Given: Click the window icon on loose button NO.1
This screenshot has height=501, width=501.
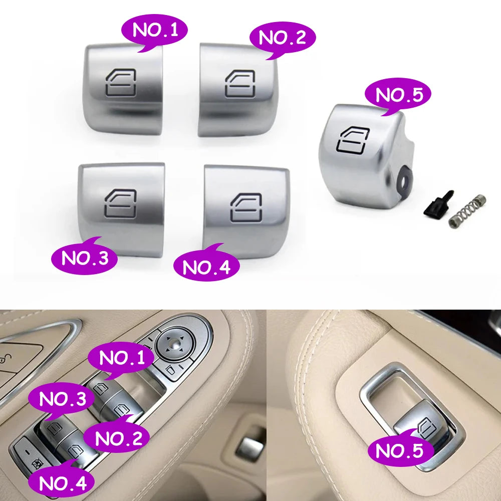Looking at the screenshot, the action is (121, 83).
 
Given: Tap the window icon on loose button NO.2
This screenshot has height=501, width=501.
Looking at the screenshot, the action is (240, 84).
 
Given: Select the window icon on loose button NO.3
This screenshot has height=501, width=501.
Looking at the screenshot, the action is (120, 204).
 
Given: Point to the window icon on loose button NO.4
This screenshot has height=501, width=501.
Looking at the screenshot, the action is (246, 207).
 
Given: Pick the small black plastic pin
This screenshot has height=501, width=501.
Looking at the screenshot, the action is (438, 204).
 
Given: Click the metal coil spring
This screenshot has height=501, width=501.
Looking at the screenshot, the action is (467, 211).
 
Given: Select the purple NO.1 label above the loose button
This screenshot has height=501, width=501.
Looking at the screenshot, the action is (154, 31).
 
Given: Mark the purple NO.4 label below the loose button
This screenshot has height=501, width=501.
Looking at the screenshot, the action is (206, 266).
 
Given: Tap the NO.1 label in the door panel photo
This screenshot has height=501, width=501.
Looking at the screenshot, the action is (121, 358).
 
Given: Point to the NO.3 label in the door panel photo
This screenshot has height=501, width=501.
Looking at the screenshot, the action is (62, 399).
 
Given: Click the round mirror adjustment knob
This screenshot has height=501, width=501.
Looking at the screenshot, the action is (174, 345).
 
